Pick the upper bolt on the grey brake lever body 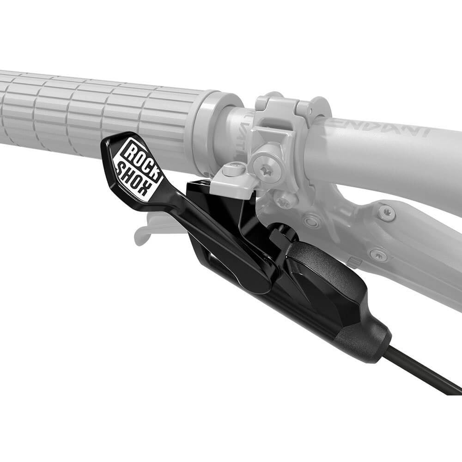click(387, 213)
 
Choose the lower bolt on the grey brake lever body click(378, 254)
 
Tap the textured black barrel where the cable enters click(365, 340)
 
